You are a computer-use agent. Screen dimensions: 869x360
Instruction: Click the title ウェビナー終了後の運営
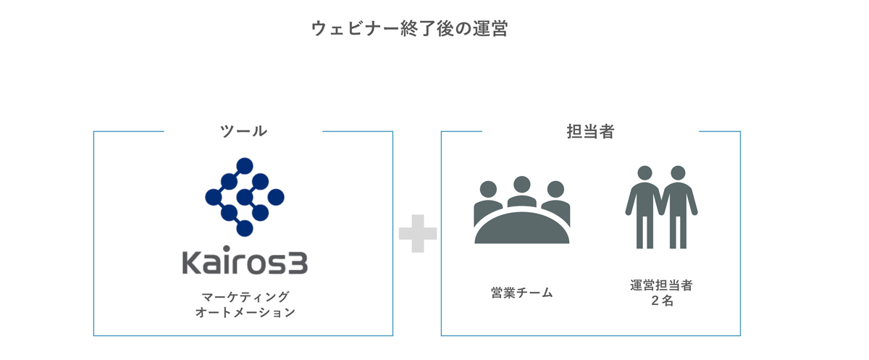point(409,28)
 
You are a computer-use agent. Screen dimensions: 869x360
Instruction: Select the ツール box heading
point(243,131)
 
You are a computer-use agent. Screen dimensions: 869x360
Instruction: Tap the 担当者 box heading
point(590,132)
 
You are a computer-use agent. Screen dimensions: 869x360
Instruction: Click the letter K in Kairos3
point(192,263)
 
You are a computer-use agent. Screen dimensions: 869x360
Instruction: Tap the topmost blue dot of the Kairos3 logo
point(245,166)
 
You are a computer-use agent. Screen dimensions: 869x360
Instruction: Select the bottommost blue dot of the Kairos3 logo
point(245,228)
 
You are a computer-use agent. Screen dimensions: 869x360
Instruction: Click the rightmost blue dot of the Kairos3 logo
point(276,197)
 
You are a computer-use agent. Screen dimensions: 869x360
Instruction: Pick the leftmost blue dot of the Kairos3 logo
point(214,197)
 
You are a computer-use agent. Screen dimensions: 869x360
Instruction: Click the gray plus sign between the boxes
point(418,233)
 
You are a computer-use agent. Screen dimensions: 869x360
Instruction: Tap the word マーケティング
point(245,297)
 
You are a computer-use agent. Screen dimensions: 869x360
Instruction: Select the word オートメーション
point(245,312)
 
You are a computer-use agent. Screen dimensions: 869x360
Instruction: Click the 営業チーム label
point(522,293)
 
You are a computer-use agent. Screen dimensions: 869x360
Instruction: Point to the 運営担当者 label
point(661,285)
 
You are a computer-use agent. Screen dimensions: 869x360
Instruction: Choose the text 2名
point(662,301)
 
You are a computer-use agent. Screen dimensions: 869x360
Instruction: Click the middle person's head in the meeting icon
point(522,185)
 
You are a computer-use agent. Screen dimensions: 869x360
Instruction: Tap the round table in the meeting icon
point(522,228)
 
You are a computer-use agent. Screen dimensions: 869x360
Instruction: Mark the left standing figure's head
point(645,173)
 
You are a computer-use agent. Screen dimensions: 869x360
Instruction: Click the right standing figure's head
point(678,173)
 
